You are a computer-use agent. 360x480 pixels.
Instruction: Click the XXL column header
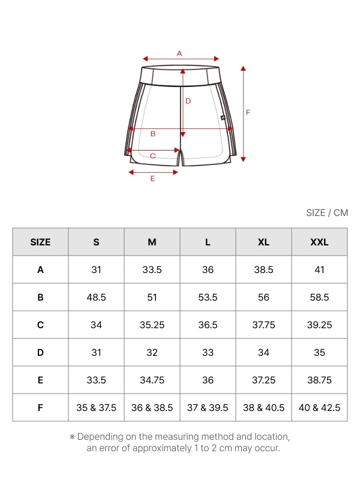(319, 242)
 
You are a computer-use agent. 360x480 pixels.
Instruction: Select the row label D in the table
(40, 352)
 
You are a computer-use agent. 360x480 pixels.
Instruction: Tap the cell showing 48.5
(96, 297)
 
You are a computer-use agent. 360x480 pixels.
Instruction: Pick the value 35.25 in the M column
(152, 325)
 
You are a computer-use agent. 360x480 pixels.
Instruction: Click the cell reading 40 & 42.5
(319, 407)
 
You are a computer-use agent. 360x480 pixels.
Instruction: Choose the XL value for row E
(263, 380)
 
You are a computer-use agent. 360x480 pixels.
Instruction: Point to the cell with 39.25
(319, 325)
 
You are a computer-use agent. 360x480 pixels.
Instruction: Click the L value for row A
(208, 269)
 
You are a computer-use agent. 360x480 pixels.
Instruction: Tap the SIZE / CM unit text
(327, 213)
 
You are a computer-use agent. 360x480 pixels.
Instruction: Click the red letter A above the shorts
(179, 53)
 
